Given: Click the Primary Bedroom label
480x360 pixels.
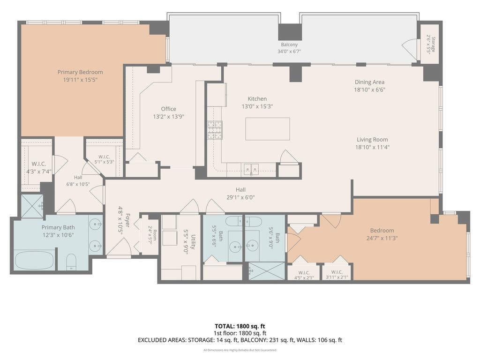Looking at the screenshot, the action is (x=80, y=72).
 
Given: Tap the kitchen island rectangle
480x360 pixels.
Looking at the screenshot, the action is (x=268, y=129).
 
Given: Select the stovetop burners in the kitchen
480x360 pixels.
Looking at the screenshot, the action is (x=215, y=130).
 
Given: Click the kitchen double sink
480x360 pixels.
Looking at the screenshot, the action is (x=251, y=168).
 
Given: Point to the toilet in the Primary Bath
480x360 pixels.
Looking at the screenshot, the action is (x=71, y=261).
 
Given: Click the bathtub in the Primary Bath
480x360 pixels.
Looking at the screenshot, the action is (x=35, y=261).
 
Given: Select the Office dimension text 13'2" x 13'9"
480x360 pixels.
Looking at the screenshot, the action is (x=168, y=117).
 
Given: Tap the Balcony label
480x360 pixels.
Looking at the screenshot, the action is (x=289, y=45).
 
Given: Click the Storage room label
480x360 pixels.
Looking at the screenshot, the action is (x=433, y=45).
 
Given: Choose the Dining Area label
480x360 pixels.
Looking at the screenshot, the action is (x=369, y=82).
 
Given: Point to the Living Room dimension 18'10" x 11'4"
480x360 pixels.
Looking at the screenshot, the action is (x=372, y=147).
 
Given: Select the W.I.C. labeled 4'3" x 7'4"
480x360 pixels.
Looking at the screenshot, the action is (x=39, y=164).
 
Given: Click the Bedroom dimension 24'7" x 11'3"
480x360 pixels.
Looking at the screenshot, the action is (x=382, y=238).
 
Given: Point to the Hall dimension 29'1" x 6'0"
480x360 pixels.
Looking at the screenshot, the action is (x=240, y=197).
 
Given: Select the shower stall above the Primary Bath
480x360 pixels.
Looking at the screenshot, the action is (x=32, y=206).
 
